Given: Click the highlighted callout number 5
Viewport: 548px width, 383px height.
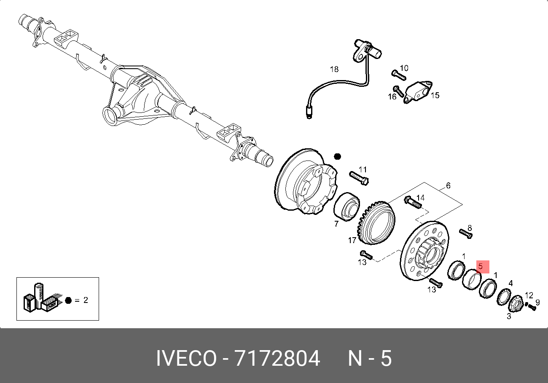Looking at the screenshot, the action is pos(481,266).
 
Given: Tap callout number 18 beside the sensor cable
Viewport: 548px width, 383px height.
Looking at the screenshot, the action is pos(334,69).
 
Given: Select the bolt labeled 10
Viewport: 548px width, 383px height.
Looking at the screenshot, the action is pos(399,75).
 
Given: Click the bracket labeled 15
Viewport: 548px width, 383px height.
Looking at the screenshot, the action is pos(418,92).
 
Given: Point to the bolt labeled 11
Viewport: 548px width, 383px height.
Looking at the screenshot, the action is pos(359,178).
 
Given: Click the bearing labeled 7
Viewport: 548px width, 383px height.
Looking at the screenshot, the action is pos(347,206).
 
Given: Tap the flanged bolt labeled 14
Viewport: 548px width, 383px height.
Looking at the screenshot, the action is pos(413,202).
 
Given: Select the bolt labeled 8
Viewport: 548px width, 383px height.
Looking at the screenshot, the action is pos(466,234).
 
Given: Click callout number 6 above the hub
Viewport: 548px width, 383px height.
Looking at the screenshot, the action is pos(448,186).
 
